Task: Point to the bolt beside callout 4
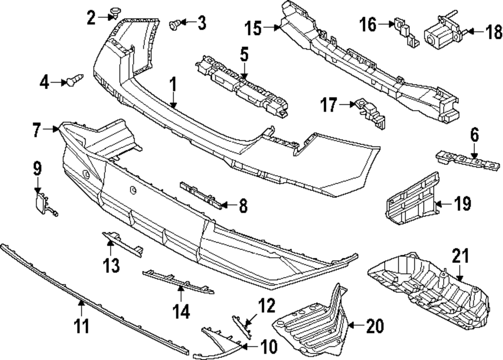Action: pos(73,80)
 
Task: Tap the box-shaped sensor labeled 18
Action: pos(439,34)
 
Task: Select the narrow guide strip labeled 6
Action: pos(468,160)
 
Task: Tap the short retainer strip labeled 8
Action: pos(201,194)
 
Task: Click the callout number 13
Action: pos(112,264)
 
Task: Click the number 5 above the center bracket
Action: pos(244,54)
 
